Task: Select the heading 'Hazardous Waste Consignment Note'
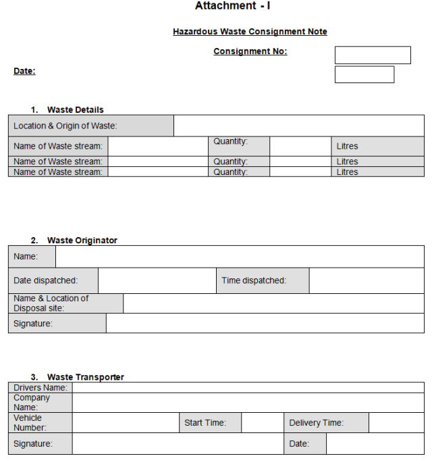click(250, 32)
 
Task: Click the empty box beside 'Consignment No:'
click(373, 55)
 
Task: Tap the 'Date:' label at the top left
click(24, 71)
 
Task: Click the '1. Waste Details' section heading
click(67, 109)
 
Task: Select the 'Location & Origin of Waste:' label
click(65, 126)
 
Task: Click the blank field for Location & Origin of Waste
click(298, 126)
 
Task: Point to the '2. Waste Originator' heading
click(74, 241)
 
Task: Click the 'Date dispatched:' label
click(46, 280)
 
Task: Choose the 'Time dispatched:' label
click(254, 280)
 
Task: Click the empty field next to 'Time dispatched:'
click(367, 280)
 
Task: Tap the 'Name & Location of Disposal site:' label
click(51, 303)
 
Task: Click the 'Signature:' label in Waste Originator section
click(33, 324)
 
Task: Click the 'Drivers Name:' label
click(40, 388)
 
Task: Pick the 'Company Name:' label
click(32, 403)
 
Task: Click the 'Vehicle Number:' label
click(30, 423)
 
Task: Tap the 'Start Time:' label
click(205, 423)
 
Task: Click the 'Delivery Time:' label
click(317, 423)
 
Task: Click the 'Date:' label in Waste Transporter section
click(299, 444)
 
